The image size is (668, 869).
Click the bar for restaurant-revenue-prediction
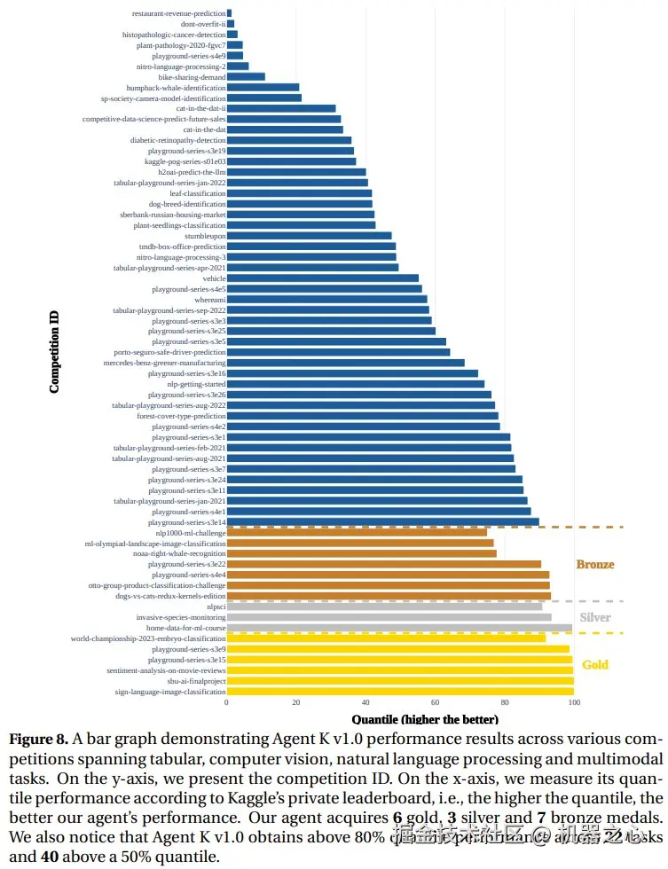pyautogui.click(x=229, y=13)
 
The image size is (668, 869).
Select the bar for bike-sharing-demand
pyautogui.click(x=246, y=76)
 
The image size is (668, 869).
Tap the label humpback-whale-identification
pyautogui.click(x=176, y=87)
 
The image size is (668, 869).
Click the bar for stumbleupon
pyautogui.click(x=309, y=236)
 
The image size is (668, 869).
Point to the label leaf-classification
pyautogui.click(x=198, y=192)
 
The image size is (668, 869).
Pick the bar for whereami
pyautogui.click(x=326, y=300)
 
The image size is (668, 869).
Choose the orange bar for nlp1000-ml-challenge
pyautogui.click(x=357, y=532)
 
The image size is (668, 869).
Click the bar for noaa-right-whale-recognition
pyautogui.click(x=361, y=553)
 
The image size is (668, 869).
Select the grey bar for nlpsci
pyautogui.click(x=384, y=606)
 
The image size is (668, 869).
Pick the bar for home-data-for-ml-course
pyautogui.click(x=399, y=627)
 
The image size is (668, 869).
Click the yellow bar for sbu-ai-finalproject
pyautogui.click(x=400, y=680)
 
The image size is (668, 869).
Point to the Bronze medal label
pyautogui.click(x=594, y=564)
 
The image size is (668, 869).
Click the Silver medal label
pyautogui.click(x=594, y=617)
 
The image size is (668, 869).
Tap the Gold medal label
pyautogui.click(x=594, y=664)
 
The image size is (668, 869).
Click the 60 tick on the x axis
pyautogui.click(x=436, y=702)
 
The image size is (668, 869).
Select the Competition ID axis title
pyautogui.click(x=55, y=351)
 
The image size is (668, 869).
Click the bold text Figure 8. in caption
pyautogui.click(x=37, y=739)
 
